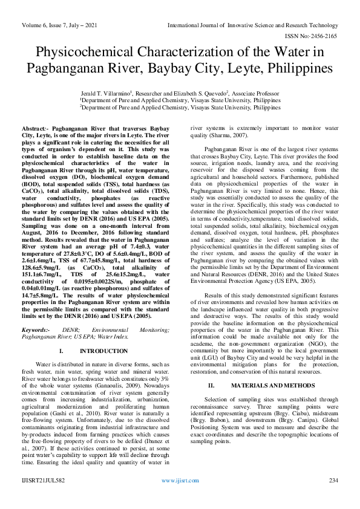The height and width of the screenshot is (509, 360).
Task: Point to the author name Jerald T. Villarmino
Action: point(105,94)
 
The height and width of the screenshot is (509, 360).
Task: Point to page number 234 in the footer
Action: point(333,497)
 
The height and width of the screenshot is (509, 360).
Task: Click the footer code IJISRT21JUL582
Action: point(44,497)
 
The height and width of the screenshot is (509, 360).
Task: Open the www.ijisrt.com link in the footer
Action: point(180,497)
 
